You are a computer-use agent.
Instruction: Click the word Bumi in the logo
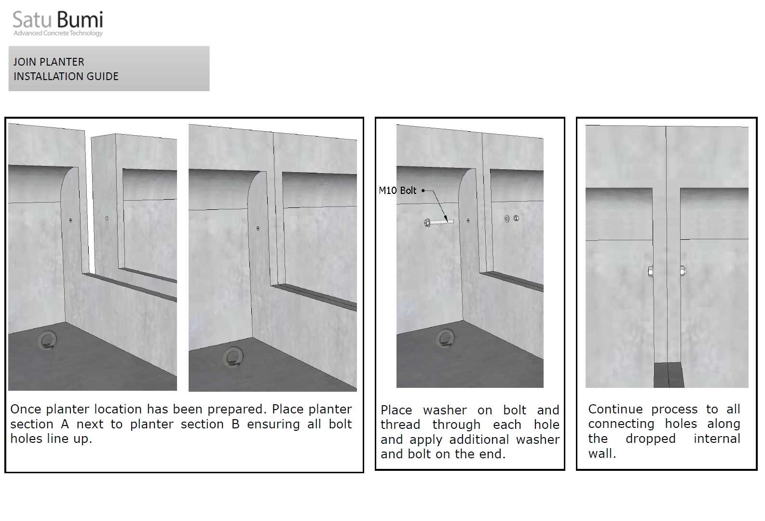tap(80, 19)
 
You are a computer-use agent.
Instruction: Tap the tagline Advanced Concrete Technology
tap(58, 33)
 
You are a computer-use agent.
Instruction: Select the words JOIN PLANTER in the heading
tap(49, 62)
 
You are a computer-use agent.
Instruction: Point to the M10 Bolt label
tap(397, 190)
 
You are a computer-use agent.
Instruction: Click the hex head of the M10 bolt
tap(427, 223)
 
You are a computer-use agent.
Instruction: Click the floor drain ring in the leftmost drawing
tap(47, 340)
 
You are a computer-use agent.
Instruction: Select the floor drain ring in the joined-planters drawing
tap(233, 356)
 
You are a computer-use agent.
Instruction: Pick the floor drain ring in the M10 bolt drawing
tap(445, 338)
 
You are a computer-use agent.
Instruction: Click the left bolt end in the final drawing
tap(651, 272)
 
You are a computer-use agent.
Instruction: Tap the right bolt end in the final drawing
tap(683, 271)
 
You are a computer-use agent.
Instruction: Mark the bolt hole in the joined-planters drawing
tap(258, 228)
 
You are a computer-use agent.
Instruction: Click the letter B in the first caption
tap(235, 424)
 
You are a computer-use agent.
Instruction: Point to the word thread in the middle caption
tap(400, 425)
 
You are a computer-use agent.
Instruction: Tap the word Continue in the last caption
tap(615, 409)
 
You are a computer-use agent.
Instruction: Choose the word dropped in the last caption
tap(651, 439)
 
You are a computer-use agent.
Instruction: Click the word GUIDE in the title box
tap(102, 76)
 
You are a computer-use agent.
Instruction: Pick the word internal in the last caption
tap(717, 439)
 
